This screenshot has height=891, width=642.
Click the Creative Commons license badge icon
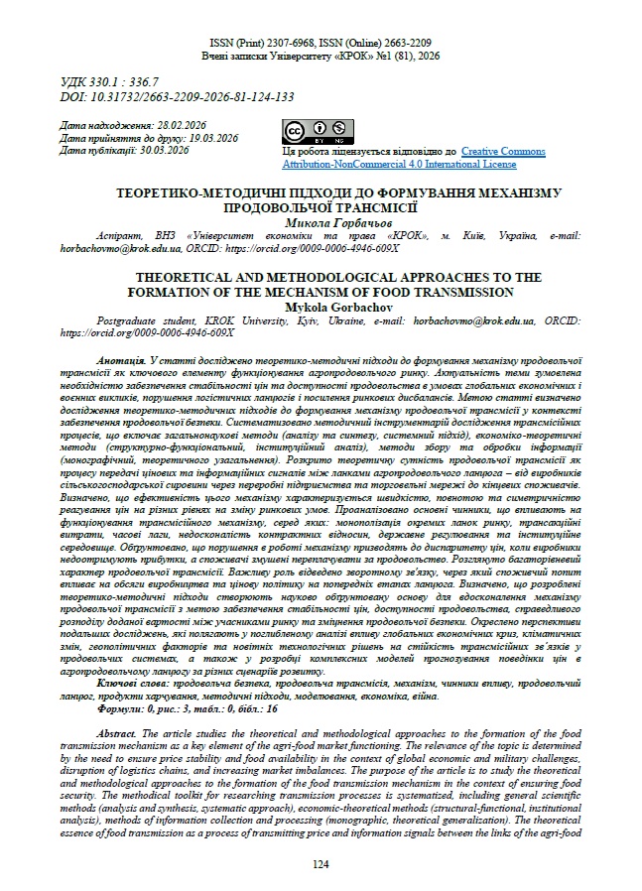[319, 131]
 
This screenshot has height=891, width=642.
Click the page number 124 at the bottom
[321, 865]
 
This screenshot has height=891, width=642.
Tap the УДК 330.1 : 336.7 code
[117, 80]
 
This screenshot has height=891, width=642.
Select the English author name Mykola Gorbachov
[320, 308]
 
